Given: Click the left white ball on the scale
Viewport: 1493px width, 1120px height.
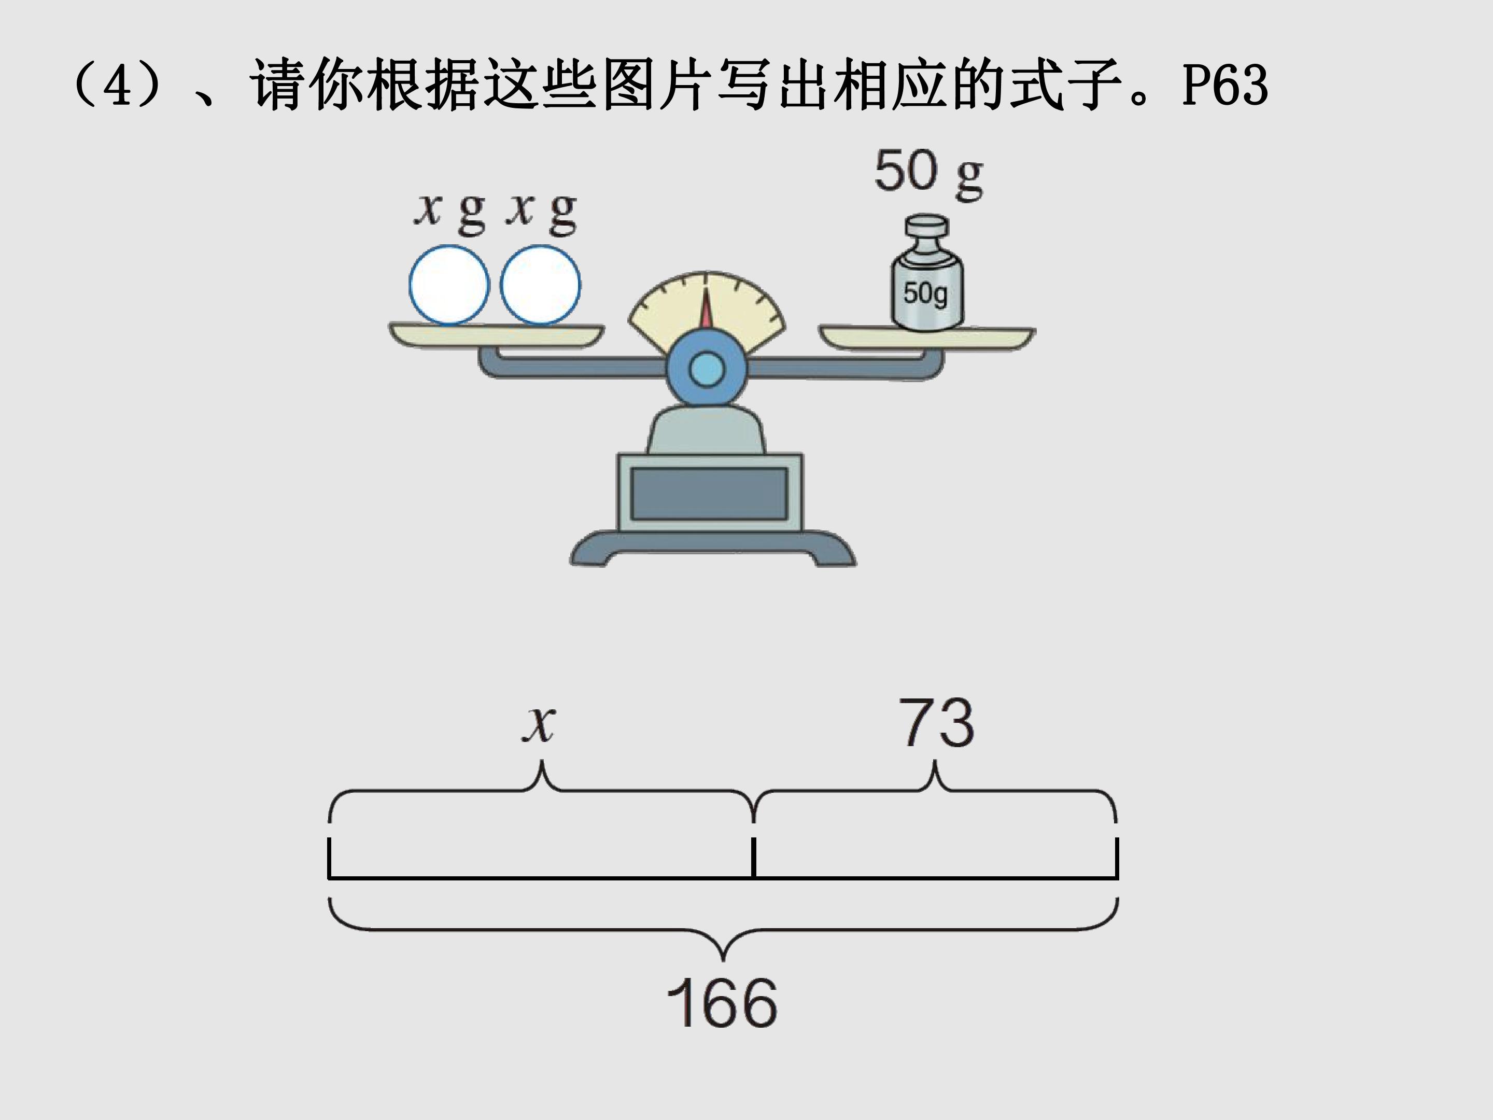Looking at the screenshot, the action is point(449,285).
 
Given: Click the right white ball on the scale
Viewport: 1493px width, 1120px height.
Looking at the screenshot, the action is point(540,285).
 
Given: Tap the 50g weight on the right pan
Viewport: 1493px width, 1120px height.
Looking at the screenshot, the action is point(927,273).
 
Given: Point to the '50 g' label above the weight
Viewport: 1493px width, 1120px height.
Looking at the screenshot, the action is point(929,174).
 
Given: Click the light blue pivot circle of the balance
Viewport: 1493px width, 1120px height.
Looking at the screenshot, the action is point(707,370).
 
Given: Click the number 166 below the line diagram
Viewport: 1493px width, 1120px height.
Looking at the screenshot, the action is point(722,1002).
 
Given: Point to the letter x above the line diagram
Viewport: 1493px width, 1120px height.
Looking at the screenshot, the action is point(539,724).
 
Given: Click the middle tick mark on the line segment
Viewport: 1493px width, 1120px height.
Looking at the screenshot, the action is point(753,858).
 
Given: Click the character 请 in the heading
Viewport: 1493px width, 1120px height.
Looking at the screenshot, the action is point(277,86).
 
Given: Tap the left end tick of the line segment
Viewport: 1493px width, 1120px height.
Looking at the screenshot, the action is point(329,858).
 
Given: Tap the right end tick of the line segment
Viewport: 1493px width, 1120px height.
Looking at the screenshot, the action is point(1117,858).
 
